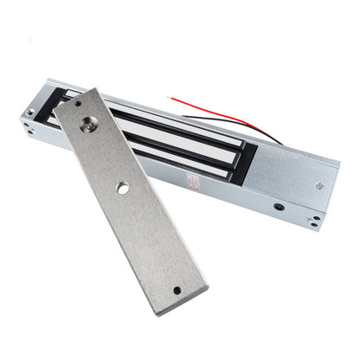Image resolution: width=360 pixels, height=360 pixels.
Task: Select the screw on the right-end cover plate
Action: [320, 183]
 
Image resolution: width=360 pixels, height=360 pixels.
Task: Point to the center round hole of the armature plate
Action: [123, 188]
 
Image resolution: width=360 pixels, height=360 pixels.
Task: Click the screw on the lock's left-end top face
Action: [30, 112]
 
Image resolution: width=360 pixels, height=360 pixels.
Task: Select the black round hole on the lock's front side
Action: [278, 207]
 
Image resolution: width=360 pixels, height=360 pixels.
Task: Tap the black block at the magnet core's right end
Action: [245, 159]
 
